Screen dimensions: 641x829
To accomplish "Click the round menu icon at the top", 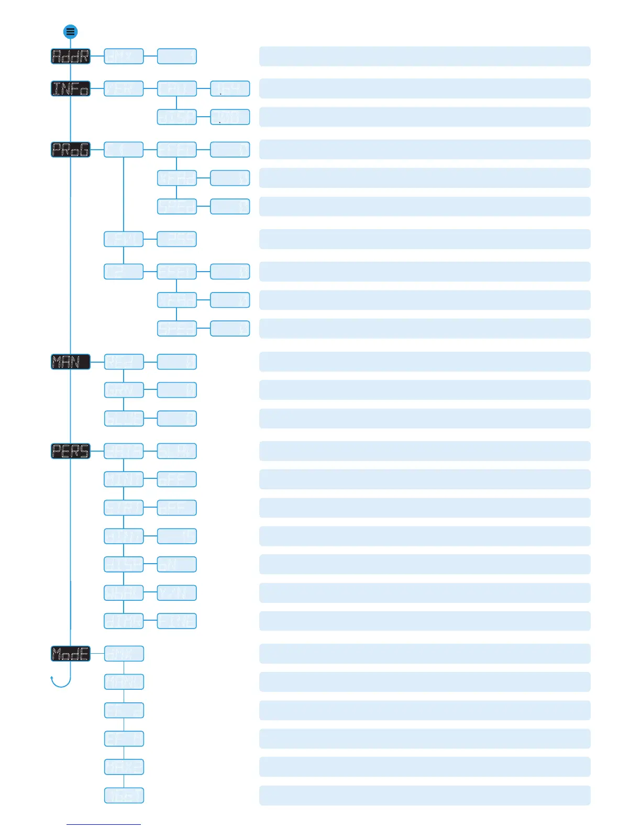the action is (71, 32).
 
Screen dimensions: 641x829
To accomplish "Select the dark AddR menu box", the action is (71, 57).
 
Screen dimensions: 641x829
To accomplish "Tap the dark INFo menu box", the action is (71, 88).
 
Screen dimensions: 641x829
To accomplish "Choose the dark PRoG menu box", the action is (71, 150).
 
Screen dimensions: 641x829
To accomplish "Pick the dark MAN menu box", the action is (71, 362).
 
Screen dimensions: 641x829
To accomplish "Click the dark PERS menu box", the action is (71, 451).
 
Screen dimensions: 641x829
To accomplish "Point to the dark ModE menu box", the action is (71, 654).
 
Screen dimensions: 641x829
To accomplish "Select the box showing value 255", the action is (177, 239).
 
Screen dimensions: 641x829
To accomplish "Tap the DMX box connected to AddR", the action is (124, 57).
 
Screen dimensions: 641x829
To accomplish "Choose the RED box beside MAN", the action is (124, 362).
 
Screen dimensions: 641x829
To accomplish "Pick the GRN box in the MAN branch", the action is (124, 390).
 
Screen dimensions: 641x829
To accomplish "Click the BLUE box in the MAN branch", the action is (124, 419).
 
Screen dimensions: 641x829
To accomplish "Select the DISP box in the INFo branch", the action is (177, 117).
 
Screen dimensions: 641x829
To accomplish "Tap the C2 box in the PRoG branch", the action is (124, 272).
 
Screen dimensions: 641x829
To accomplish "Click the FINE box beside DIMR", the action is (177, 621).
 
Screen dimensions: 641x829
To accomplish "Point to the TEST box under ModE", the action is (124, 796).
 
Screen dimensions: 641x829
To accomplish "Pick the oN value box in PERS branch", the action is (177, 564).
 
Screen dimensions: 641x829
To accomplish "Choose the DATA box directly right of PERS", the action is (124, 451).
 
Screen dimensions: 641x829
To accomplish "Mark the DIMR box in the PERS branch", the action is (124, 621).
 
